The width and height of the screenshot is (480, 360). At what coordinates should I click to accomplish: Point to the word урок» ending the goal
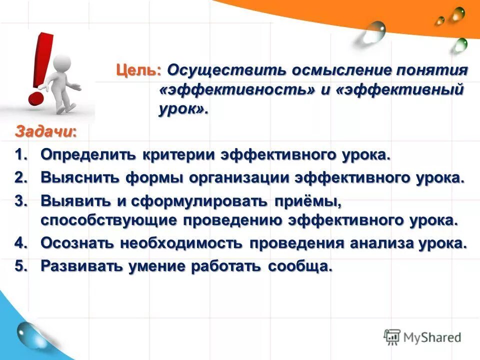coord(183,110)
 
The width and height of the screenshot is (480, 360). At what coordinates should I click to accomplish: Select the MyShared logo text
coord(430,337)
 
